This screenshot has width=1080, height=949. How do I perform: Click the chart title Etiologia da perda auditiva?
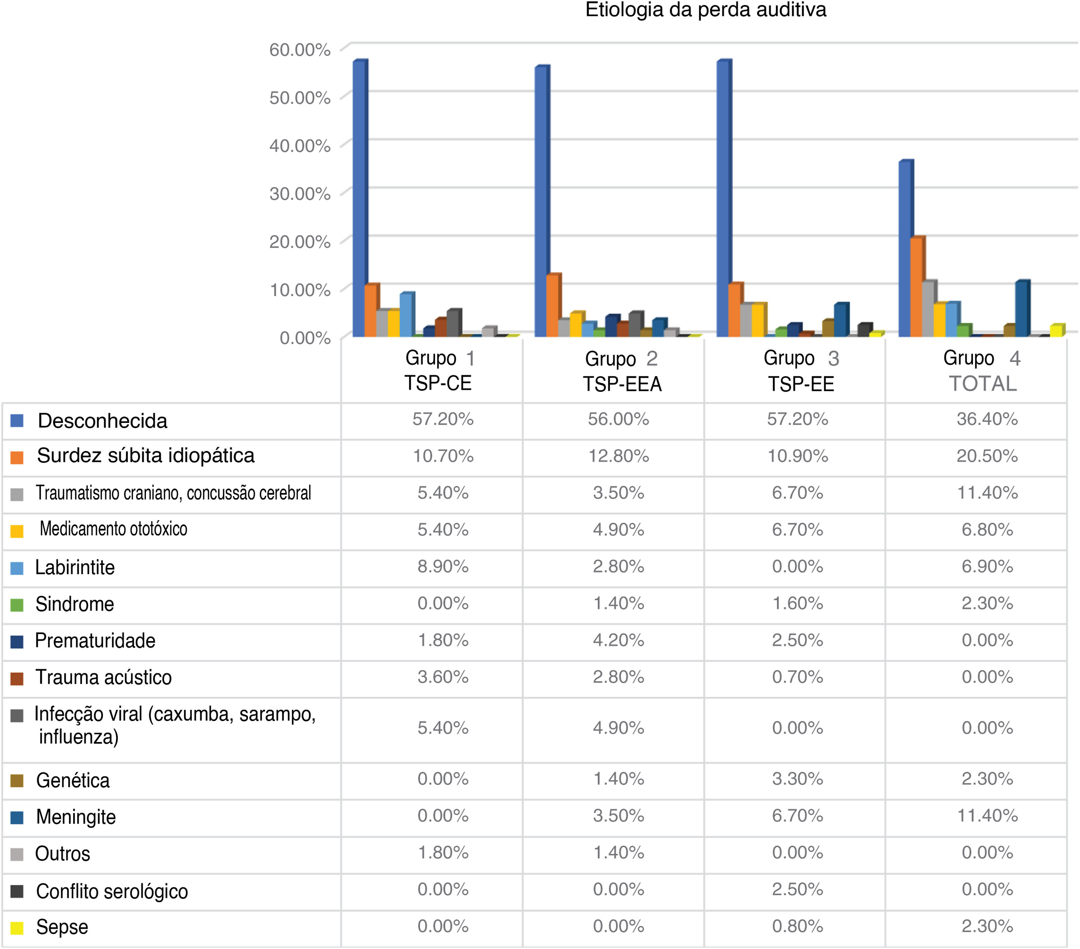tap(705, 11)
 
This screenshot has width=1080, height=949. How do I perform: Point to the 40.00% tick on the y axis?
tap(300, 146)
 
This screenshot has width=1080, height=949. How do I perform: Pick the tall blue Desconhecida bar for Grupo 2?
tap(541, 201)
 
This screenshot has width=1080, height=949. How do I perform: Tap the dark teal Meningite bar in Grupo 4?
tap(1021, 309)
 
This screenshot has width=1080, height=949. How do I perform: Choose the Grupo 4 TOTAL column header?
tap(982, 371)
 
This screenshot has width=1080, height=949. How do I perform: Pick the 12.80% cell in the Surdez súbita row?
tap(618, 456)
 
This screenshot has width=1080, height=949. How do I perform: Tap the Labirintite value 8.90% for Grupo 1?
tap(443, 567)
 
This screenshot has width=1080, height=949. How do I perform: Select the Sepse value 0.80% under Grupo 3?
tap(797, 926)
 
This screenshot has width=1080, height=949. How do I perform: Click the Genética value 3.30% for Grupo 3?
tap(797, 779)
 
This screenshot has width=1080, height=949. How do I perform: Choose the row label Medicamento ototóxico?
tap(113, 529)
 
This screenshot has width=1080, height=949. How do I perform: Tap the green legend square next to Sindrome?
tap(17, 605)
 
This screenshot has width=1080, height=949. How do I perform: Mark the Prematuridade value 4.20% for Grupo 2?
tap(618, 640)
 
